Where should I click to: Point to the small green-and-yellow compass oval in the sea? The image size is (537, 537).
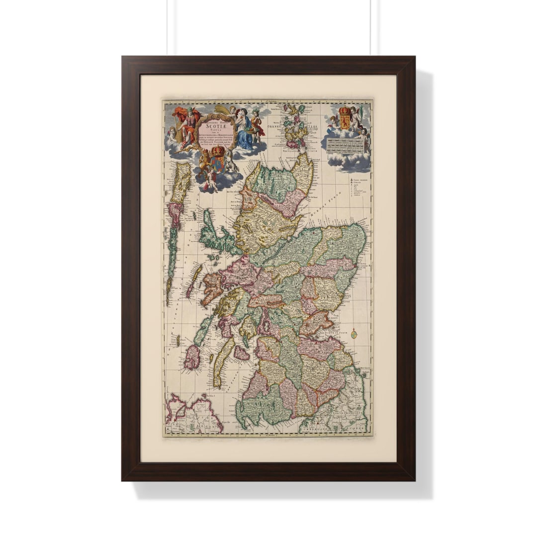click(x=354, y=334)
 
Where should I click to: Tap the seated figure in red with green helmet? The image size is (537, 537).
click(x=188, y=127)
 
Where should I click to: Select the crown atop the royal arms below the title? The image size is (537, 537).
click(x=218, y=151)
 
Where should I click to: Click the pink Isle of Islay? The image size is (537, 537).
click(x=192, y=357)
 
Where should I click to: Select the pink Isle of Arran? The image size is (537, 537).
click(x=241, y=353)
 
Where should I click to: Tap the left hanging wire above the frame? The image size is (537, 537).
click(x=168, y=27)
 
